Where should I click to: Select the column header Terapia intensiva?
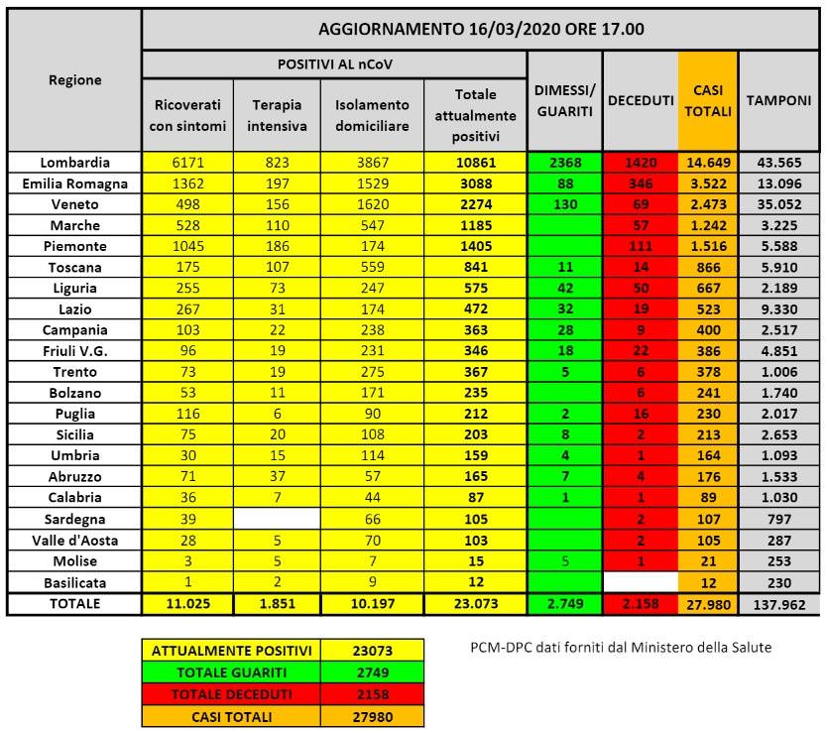click(x=277, y=115)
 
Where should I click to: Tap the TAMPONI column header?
click(x=778, y=100)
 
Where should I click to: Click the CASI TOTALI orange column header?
click(x=708, y=100)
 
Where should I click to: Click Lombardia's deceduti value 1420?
click(x=640, y=162)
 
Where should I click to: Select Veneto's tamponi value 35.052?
click(x=778, y=203)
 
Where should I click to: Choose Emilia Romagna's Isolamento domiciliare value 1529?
click(x=372, y=183)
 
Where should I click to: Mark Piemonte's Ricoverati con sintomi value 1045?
click(x=187, y=245)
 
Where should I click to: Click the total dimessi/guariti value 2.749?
click(x=564, y=603)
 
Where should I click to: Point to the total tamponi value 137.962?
click(x=778, y=603)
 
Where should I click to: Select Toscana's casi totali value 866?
click(x=708, y=266)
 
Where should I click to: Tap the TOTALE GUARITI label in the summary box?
click(x=231, y=672)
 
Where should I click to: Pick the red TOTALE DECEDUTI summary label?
click(x=231, y=693)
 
